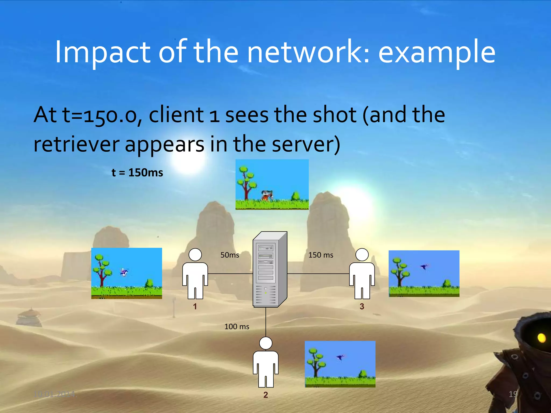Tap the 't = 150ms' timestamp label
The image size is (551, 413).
pos(137,173)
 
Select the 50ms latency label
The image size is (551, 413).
pos(230,255)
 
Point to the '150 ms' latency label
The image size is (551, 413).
pos(321,255)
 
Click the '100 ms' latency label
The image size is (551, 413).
pos(237,326)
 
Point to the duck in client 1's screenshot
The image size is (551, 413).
pos(124,272)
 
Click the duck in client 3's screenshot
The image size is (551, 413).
pos(424,267)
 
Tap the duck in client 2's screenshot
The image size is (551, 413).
pos(340,357)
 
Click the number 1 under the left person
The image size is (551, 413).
pos(195,306)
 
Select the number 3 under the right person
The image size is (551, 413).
pos(362,306)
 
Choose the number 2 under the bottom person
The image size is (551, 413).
pos(266,395)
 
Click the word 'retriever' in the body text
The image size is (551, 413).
pos(76,145)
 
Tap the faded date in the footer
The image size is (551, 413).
pos(54,394)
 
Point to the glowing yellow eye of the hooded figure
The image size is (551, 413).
pos(541,338)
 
